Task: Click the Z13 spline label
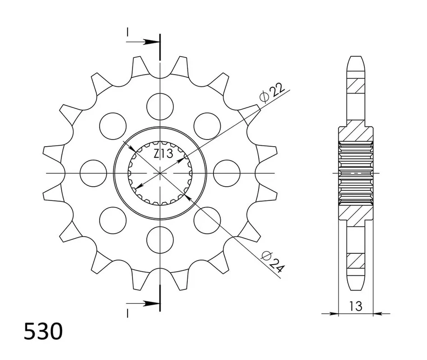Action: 164,154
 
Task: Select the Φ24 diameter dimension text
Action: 273,262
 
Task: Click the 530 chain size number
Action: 43,332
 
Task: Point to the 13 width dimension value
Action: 356,306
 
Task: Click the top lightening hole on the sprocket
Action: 160,106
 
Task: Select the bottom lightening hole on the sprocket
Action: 160,239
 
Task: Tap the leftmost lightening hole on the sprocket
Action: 93,173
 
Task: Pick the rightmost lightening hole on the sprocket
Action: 227,173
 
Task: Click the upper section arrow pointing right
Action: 143,42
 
